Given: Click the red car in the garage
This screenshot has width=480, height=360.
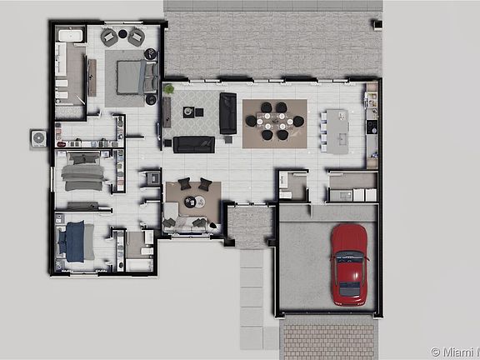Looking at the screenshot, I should click(349, 264).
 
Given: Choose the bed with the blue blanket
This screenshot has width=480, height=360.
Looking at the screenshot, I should click(77, 241).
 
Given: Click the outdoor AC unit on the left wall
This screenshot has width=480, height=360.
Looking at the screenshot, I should click(38, 136).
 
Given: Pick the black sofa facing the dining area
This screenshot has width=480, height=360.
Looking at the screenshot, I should click(228, 112).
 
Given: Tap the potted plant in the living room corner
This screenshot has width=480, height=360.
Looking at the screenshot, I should click(169, 87).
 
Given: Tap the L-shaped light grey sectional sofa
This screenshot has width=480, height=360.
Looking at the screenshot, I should click(192, 222).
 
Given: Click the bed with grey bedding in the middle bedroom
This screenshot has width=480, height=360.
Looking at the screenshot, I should click(82, 173).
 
